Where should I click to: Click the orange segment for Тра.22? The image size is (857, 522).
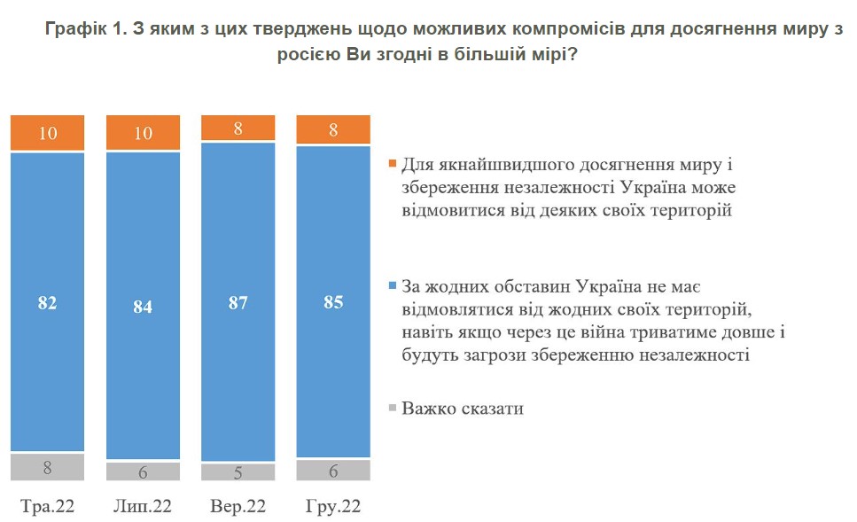click(48, 132)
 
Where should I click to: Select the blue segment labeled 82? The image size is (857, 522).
click(48, 301)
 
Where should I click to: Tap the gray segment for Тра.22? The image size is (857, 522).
click(48, 467)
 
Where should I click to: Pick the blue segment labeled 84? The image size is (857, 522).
click(143, 306)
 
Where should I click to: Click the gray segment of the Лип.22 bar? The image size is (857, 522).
click(143, 471)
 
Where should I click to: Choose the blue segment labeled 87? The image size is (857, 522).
click(238, 301)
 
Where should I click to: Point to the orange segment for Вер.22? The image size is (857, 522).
click(238, 128)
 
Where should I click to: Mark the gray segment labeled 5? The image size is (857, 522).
click(238, 472)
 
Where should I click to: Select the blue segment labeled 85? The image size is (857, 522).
click(333, 301)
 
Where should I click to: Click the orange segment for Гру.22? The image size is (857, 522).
click(333, 129)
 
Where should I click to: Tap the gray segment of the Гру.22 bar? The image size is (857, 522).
click(333, 470)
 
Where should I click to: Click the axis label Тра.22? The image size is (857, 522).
click(48, 506)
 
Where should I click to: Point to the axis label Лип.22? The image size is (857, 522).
click(143, 506)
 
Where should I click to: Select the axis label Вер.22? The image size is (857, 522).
click(238, 506)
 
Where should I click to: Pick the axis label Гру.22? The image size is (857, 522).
click(333, 506)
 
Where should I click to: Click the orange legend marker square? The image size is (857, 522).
click(392, 163)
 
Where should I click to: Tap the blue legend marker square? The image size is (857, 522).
click(392, 285)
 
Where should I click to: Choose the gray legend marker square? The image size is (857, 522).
click(392, 407)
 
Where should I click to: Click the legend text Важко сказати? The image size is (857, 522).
click(463, 409)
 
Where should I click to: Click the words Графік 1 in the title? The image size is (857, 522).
click(86, 29)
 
